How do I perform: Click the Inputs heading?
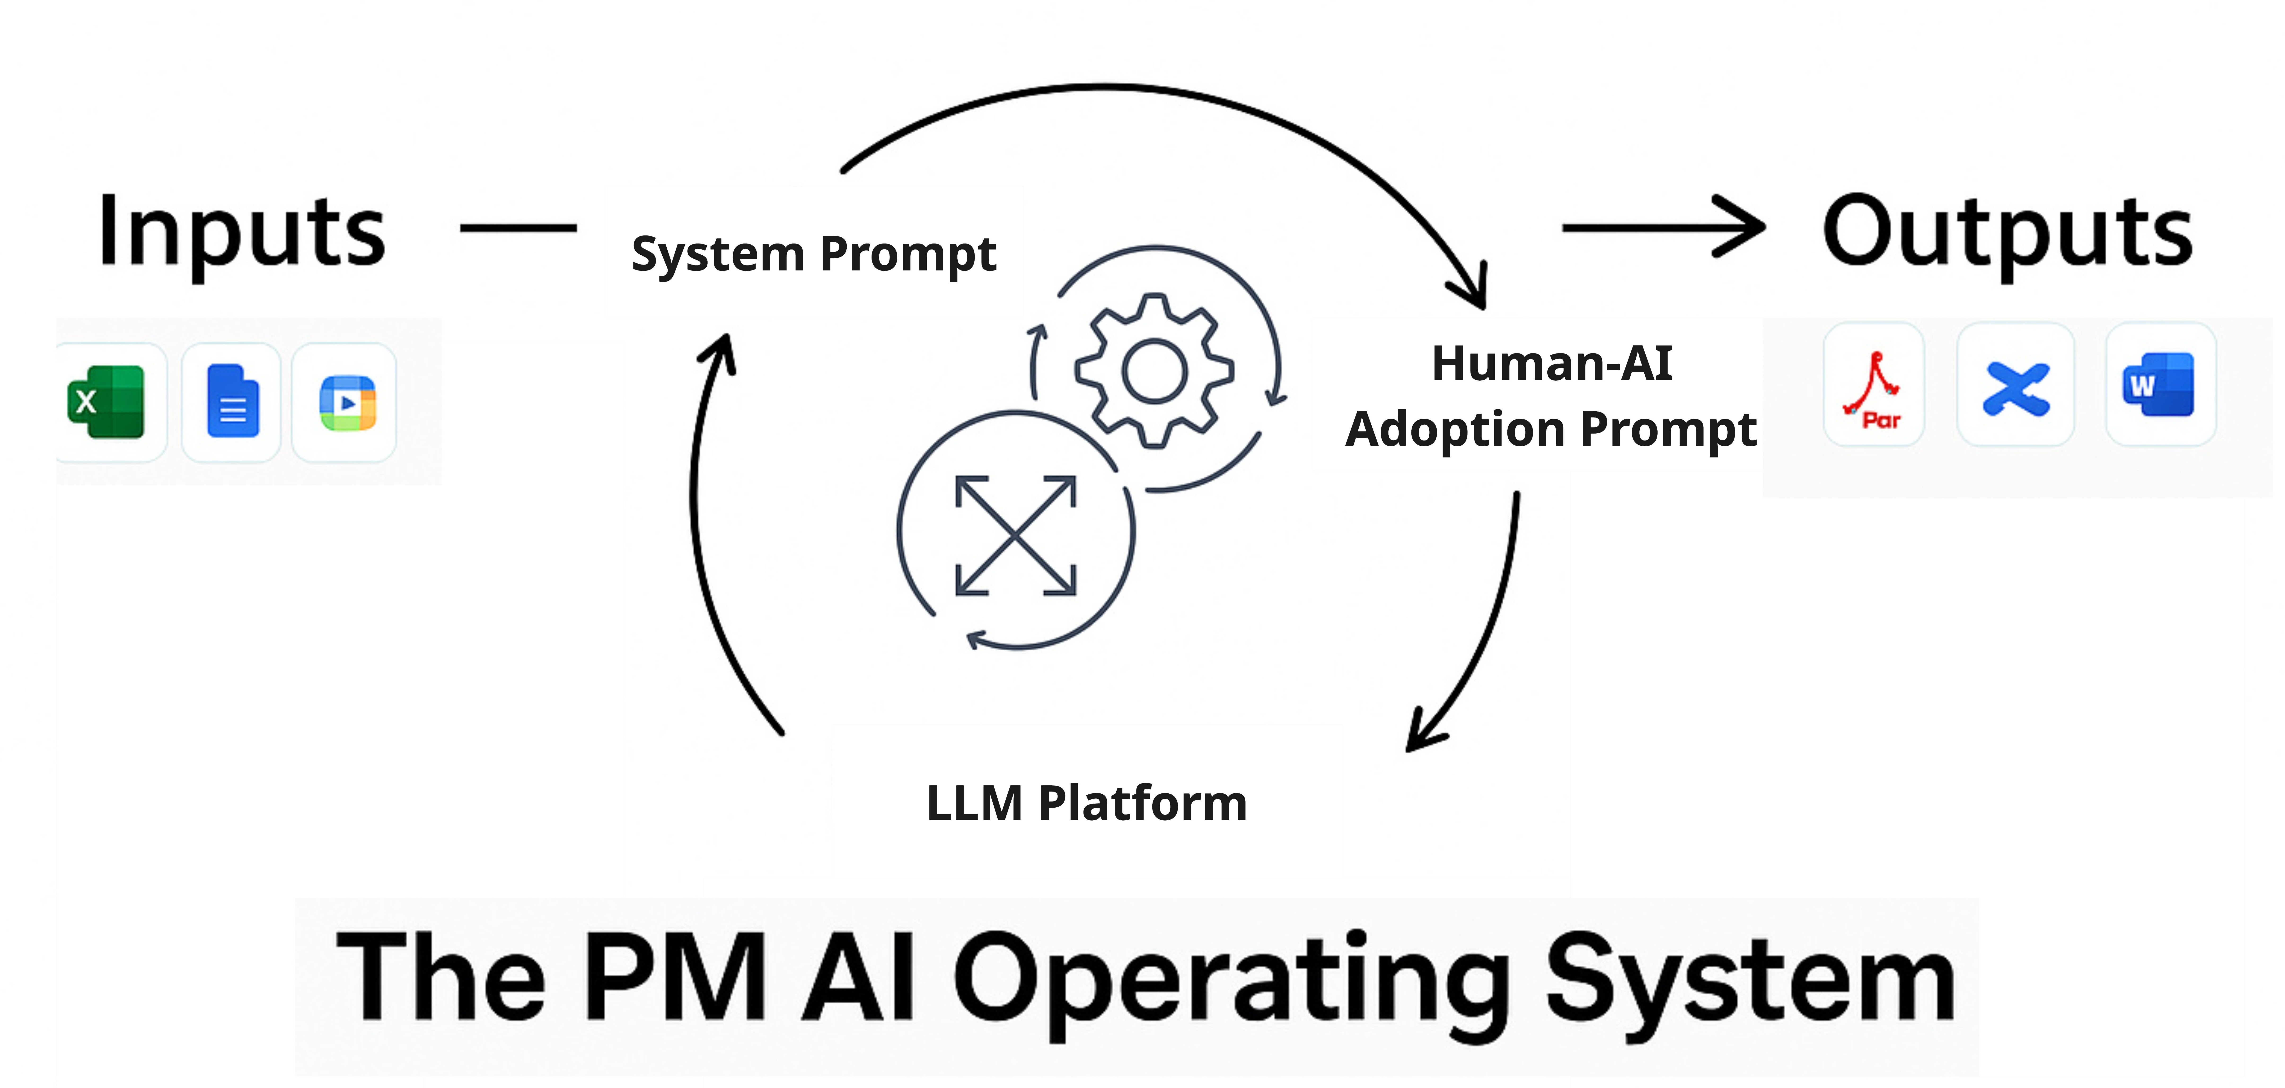[241, 232]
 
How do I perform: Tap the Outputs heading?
[2007, 232]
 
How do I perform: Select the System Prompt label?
[813, 254]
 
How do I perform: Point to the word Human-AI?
[1551, 364]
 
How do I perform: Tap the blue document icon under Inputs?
[232, 402]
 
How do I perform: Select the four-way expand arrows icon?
[1016, 535]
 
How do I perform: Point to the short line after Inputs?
[518, 228]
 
